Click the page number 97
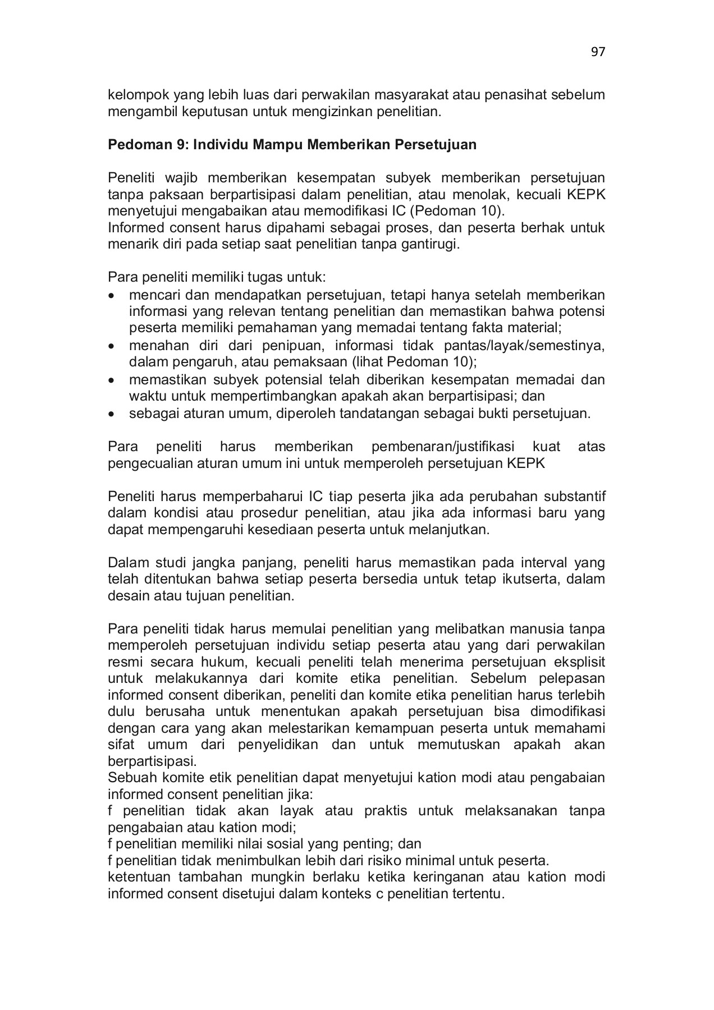[x=598, y=52]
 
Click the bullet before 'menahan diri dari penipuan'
[x=113, y=346]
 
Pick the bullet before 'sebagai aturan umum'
[x=113, y=415]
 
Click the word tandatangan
[x=378, y=414]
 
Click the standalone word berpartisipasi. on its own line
[x=152, y=762]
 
